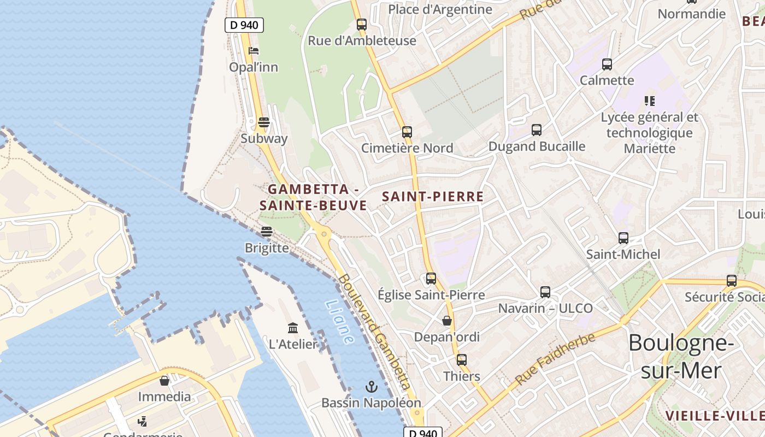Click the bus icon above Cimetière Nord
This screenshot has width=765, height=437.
click(407, 132)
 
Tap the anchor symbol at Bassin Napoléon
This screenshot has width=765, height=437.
click(372, 387)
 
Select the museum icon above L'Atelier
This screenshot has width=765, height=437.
click(293, 328)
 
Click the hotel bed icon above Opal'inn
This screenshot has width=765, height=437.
click(253, 51)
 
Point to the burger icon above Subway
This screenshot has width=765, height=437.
click(264, 122)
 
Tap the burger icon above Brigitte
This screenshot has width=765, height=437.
click(267, 231)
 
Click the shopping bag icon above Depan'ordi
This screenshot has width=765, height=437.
click(447, 320)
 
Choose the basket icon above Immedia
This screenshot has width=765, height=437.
click(164, 380)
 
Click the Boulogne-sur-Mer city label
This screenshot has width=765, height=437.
click(680, 357)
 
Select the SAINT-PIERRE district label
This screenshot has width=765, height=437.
click(433, 197)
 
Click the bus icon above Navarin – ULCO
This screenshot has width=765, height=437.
click(545, 292)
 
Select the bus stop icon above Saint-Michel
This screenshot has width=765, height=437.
click(623, 238)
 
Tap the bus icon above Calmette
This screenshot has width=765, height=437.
click(607, 64)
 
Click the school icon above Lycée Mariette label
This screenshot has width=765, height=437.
click(649, 101)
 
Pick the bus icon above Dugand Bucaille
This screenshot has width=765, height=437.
click(537, 129)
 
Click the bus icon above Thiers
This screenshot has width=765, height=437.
click(462, 359)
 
